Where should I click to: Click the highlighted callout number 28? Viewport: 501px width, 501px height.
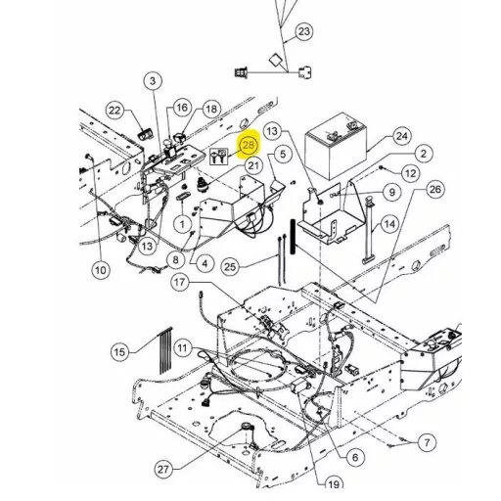(x=249, y=145)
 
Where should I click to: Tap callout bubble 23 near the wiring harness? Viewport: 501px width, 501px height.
(x=304, y=31)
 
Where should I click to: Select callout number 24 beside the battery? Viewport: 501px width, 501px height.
(x=402, y=136)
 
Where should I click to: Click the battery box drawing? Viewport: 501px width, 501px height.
(x=336, y=145)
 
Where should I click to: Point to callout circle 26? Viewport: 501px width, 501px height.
(x=435, y=189)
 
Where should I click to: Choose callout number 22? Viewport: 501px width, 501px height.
(x=114, y=111)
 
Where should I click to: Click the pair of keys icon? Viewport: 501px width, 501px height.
(x=218, y=156)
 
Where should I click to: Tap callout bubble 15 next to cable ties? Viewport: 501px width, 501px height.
(x=119, y=352)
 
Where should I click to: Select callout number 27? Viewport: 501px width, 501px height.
(x=163, y=469)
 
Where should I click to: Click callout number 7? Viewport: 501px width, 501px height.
(x=427, y=442)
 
